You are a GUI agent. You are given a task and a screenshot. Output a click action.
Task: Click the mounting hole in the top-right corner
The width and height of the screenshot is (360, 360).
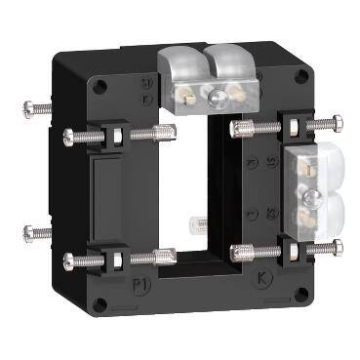point(301,79)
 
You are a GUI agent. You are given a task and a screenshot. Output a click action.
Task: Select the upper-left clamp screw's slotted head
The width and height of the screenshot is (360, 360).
point(71,138)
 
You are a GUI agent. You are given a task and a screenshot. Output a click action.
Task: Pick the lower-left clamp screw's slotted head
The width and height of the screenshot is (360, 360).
point(71,261)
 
